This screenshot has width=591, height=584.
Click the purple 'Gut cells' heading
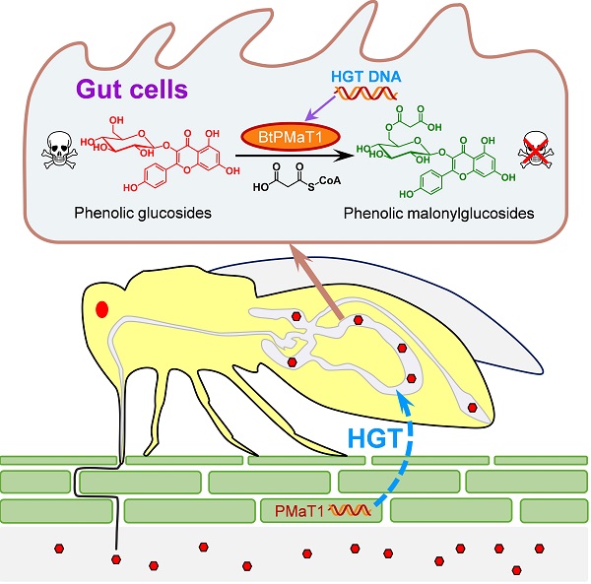tap(132, 90)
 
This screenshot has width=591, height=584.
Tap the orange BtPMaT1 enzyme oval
tap(291, 137)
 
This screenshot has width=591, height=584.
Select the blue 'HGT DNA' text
tap(366, 77)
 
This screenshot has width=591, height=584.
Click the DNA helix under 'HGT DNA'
tap(364, 93)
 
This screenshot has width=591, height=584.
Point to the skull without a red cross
tap(59, 150)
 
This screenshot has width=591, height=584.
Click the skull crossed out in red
tap(536, 150)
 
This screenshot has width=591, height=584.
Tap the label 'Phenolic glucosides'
tap(143, 213)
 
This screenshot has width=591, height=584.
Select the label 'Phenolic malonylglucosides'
tap(438, 214)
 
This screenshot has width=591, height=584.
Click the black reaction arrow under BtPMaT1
tap(295, 156)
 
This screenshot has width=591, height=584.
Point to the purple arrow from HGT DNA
tap(320, 108)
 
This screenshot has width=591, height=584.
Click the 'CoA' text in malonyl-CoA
tap(330, 180)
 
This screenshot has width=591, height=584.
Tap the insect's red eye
tap(101, 309)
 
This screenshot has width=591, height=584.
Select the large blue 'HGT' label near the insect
tap(375, 438)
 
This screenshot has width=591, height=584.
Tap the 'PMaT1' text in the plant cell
tap(299, 511)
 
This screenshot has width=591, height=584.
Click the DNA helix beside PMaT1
tap(350, 510)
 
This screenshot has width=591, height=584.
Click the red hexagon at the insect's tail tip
tap(472, 407)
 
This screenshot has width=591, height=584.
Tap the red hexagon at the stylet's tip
tap(116, 559)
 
